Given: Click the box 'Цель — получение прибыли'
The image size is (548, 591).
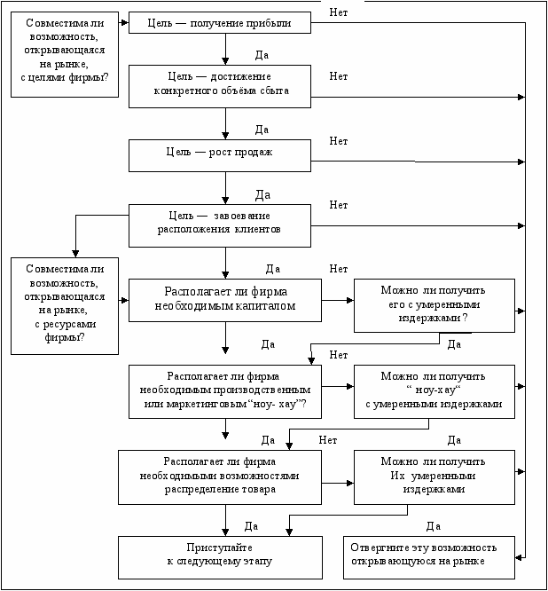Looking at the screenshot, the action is tap(220, 22).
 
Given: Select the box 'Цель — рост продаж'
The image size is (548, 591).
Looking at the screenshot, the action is tap(220, 155).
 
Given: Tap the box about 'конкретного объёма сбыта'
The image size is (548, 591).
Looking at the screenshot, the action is tap(220, 86).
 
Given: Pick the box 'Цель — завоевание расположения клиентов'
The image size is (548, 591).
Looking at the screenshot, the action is tap(220, 225).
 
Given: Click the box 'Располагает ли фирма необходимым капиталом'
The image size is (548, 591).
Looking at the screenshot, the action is tap(225, 301).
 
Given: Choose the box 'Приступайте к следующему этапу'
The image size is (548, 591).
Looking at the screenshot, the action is tap(220, 557).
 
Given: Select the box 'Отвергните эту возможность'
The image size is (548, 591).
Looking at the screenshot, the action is tap(429, 557).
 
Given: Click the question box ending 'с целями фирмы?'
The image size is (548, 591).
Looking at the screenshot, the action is tap(65, 55).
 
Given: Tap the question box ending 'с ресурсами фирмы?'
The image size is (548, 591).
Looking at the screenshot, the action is tap(65, 306).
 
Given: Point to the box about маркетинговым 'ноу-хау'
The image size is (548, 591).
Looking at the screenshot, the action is tap(225, 391).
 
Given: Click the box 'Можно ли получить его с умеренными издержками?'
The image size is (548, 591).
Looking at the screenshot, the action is tap(434, 305).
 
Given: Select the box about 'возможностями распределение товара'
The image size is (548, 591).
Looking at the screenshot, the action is tap(220, 477).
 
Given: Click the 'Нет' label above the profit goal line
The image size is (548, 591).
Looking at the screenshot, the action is tap(339, 12).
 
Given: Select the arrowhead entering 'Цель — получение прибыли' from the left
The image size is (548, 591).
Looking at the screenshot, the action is tap(125, 22).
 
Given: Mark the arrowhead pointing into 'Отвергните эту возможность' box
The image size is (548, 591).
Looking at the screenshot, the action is tap(519, 557).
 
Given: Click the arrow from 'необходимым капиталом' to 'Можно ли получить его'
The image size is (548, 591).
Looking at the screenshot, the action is tap(338, 301).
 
